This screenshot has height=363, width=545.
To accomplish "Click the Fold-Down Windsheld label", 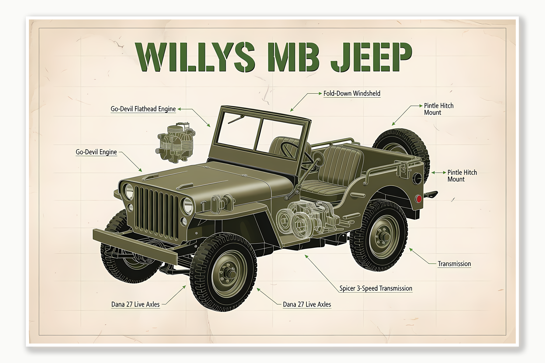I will tap(351, 94).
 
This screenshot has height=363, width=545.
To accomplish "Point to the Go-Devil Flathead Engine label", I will tap(143, 109).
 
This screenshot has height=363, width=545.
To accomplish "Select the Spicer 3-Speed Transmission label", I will tap(376, 289).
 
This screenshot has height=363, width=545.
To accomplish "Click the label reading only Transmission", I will tap(454, 264).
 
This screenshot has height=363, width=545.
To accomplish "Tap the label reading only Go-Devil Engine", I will tap(96, 152).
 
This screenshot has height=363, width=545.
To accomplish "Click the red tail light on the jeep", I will tap(419, 199).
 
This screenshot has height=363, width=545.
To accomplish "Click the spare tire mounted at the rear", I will tap(402, 146).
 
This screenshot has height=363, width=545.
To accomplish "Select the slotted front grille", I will tap(157, 213).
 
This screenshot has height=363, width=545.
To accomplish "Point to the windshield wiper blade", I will tap(236, 119).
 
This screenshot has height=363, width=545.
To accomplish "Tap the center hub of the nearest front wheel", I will tap(228, 273).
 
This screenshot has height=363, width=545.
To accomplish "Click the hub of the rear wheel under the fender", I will tap(383, 236).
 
